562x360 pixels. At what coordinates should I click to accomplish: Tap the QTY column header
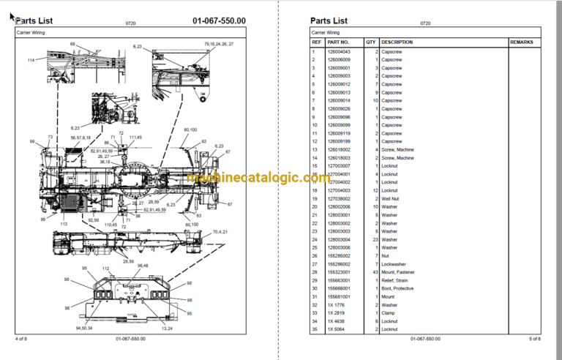[x=371, y=42]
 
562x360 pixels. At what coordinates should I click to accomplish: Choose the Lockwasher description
[x=394, y=264]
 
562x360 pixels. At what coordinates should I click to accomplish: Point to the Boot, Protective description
[x=399, y=288]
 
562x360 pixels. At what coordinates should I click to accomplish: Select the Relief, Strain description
[x=396, y=280]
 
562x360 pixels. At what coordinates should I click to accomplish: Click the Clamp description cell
[x=389, y=313]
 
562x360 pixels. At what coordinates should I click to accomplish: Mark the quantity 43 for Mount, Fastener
[x=373, y=272]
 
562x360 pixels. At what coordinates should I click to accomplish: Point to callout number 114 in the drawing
[x=31, y=59]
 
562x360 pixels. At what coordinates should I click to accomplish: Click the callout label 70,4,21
[x=220, y=232]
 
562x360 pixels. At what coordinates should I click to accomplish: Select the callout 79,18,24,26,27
[x=219, y=45]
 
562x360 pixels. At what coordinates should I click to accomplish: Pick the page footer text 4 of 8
[x=22, y=339]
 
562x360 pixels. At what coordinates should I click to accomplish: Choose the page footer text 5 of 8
[x=534, y=339]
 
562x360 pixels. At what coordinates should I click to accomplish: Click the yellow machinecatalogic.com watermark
[x=259, y=178]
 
